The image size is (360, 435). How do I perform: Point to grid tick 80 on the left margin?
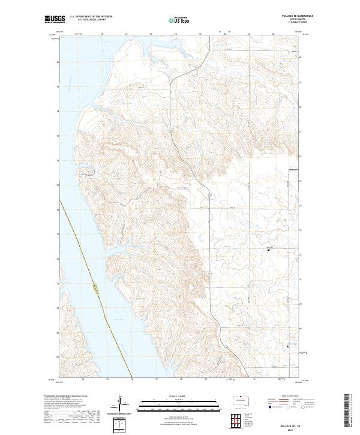58,62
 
